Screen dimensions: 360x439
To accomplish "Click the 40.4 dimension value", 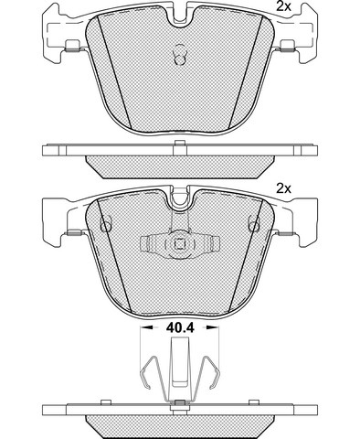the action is coord(180,327).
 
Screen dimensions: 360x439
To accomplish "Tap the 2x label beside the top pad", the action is coord(283,6).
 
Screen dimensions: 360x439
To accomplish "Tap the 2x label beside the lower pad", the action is coord(283,188).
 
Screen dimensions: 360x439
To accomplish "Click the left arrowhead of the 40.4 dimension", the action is coord(147,327).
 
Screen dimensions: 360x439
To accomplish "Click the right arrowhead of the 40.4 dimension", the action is coord(211,327).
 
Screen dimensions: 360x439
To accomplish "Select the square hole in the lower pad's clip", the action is coord(180,244).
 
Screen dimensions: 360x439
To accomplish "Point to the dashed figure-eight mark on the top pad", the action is coord(180,54).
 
